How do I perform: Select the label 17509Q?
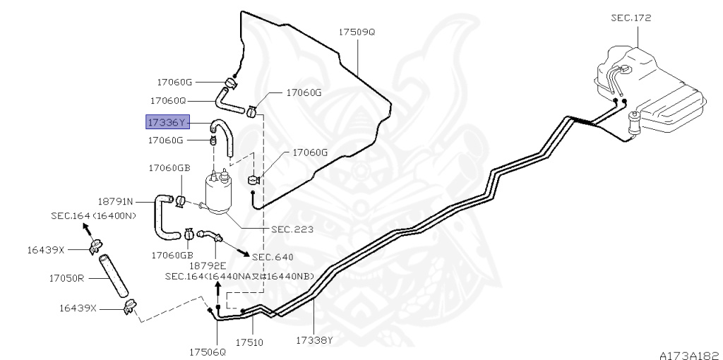tap(357, 32)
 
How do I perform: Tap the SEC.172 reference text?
tap(631, 18)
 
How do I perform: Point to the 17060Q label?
tap(167, 100)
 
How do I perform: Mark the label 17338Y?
tap(314, 340)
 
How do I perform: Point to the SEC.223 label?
tap(292, 229)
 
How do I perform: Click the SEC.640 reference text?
tap(273, 257)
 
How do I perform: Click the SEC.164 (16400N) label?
tap(93, 216)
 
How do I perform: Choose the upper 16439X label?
tap(66, 250)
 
